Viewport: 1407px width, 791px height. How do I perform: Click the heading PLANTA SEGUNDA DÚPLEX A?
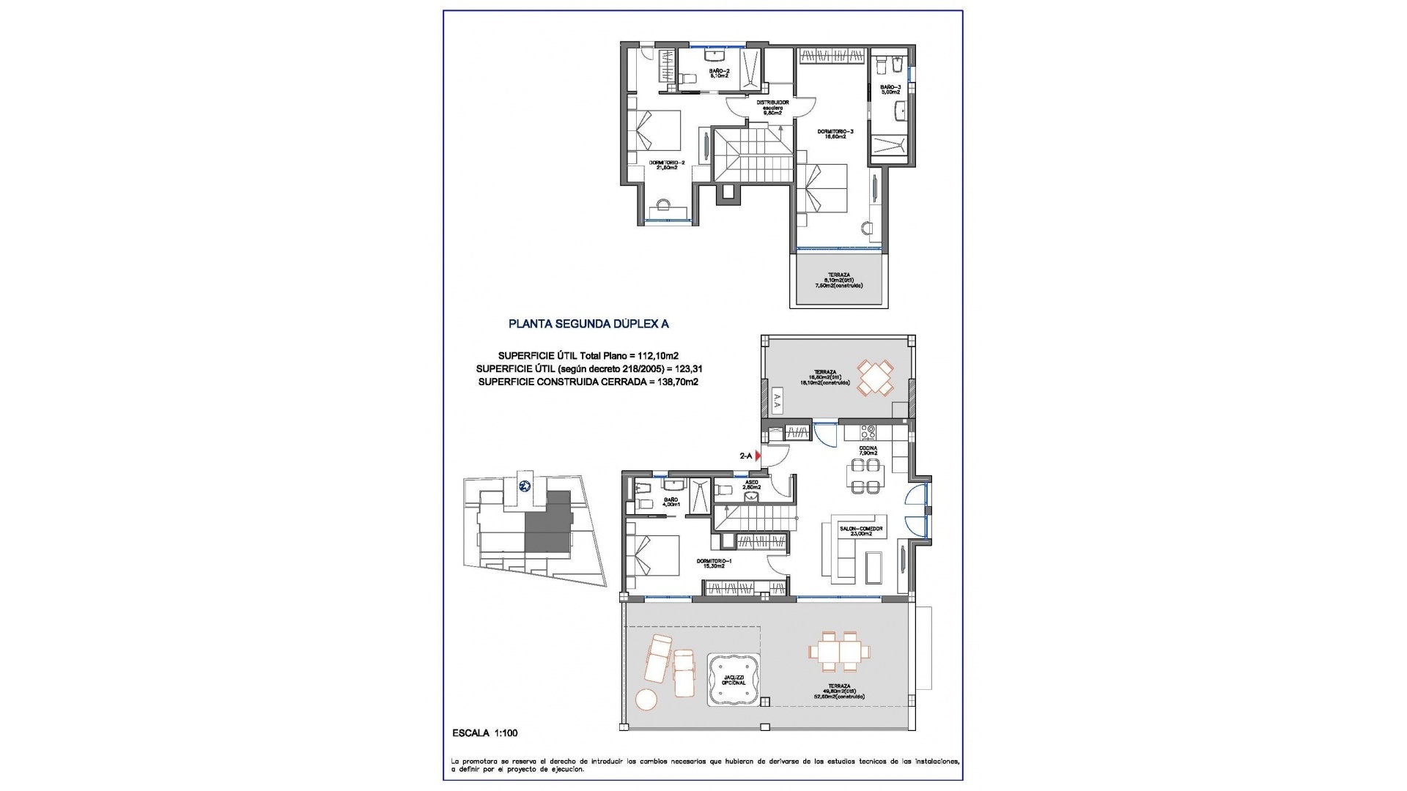(x=588, y=323)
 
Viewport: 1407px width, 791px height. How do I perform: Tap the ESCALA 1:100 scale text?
(x=485, y=732)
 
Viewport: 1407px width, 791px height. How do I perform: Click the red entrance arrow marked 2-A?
(x=758, y=456)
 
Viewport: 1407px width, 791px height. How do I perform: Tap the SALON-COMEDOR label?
(x=866, y=531)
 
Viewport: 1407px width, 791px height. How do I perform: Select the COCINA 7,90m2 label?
(x=868, y=450)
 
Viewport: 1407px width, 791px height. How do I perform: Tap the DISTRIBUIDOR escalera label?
(x=772, y=108)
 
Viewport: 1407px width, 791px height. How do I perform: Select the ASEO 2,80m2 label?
(x=751, y=484)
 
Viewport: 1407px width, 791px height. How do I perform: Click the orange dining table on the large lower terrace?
(x=840, y=651)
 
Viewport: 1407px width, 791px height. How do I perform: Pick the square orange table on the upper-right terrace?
(x=875, y=378)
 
